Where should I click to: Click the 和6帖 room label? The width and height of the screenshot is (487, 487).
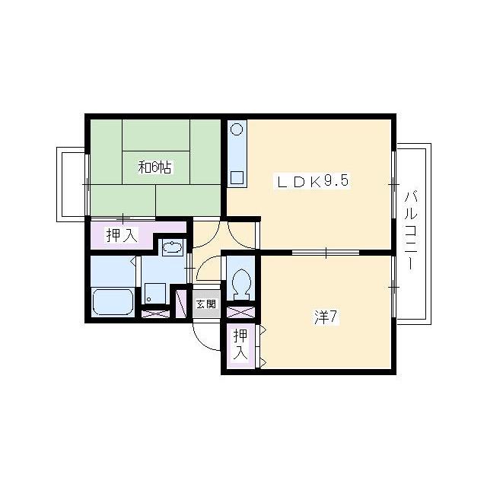tap(154, 167)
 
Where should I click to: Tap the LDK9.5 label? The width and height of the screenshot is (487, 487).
tap(311, 181)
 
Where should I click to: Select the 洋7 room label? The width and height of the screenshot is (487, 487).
tap(326, 317)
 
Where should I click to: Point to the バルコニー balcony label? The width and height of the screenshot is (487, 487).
tap(410, 231)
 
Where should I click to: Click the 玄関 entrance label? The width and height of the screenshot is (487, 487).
tap(206, 304)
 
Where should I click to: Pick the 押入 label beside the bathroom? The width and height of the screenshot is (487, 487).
tap(122, 235)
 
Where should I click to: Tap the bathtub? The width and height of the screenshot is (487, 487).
tap(113, 302)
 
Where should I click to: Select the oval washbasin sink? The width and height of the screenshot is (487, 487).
tap(172, 247)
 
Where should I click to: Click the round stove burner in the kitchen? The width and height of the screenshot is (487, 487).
tap(237, 129)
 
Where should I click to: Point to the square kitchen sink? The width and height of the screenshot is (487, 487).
tap(237, 177)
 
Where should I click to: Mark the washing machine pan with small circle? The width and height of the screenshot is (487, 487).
tap(155, 293)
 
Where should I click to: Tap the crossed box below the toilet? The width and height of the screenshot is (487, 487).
tap(240, 312)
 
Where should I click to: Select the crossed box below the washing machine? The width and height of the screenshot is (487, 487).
tap(155, 314)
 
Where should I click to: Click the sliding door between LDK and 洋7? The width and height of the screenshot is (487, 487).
tap(326, 252)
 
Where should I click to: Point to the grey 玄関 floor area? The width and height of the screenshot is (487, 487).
tap(206, 304)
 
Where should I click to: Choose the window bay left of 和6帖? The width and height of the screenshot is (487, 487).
tap(71, 184)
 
